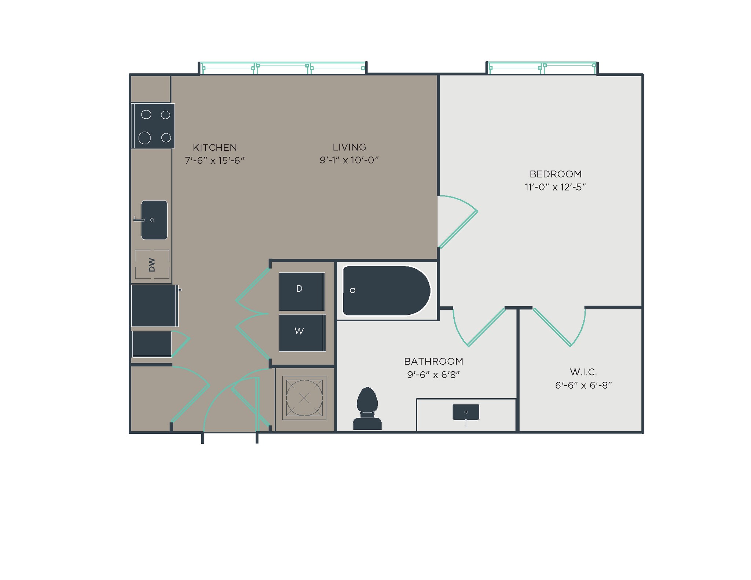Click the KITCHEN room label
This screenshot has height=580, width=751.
point(215,147)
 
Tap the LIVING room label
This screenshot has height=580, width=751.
point(349,147)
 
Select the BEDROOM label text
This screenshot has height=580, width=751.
point(555,174)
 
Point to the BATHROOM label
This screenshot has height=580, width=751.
point(433,361)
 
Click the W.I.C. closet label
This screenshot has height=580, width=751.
point(583,372)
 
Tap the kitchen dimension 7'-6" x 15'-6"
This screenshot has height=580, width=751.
point(215,160)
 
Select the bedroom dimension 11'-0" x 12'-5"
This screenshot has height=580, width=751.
point(555,187)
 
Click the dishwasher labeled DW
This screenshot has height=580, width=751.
point(152,265)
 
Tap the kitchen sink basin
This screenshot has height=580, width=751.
point(154,220)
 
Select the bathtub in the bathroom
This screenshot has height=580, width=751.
point(386,291)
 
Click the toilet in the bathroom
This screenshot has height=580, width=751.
point(367,409)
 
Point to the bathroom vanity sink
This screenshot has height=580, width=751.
point(466,412)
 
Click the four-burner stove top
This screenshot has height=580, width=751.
point(153,126)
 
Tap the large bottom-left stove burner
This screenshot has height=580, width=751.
point(144,138)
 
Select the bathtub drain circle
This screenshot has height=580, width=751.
point(352,291)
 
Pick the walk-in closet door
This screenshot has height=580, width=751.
point(552,327)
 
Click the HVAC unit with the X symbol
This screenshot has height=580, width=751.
point(304,398)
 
